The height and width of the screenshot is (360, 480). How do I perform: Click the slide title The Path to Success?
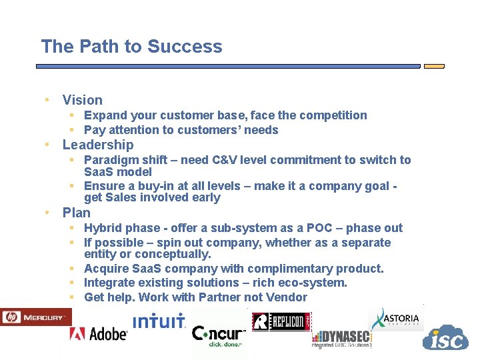[x=131, y=47]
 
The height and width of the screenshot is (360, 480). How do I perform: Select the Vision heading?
[x=82, y=100]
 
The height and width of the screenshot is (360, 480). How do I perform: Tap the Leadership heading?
[x=97, y=145]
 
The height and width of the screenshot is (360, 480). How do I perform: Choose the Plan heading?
[x=76, y=213]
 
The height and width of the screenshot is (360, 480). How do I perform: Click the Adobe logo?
[x=98, y=333]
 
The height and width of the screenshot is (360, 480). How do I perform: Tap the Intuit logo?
[x=159, y=321]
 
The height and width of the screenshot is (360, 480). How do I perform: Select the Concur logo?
[x=219, y=334]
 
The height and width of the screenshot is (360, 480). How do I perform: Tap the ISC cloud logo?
[x=445, y=339]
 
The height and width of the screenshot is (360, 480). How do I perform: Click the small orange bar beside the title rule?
[x=434, y=66]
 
